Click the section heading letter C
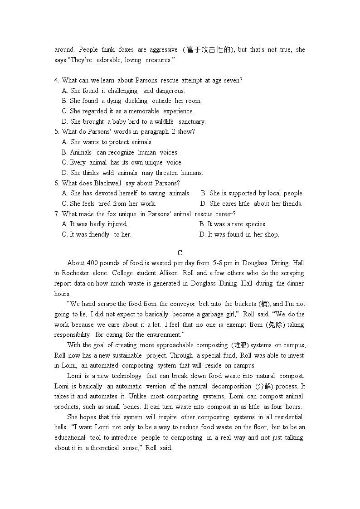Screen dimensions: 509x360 point(180,253)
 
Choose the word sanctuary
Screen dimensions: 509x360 point(192,121)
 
